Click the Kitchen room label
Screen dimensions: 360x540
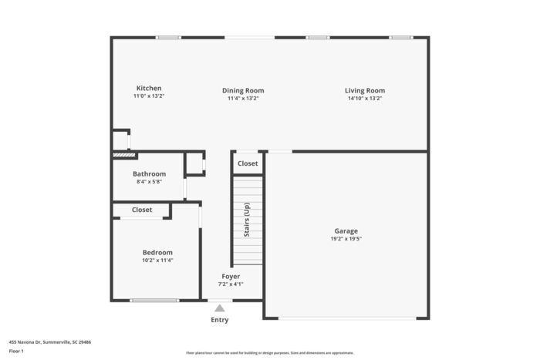pyautogui.click(x=149, y=88)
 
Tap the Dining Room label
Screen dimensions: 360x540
pyautogui.click(x=243, y=90)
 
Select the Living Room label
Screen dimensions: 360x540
pyautogui.click(x=365, y=90)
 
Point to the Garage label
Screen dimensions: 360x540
pyautogui.click(x=346, y=230)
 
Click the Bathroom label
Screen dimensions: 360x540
pyautogui.click(x=149, y=174)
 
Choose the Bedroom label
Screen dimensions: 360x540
pyautogui.click(x=157, y=252)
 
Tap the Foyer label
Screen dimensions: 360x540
pyautogui.click(x=231, y=276)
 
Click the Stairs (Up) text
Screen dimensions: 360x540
pyautogui.click(x=247, y=220)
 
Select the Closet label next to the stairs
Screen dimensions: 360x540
pyautogui.click(x=248, y=163)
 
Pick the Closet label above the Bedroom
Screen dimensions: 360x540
pyautogui.click(x=142, y=210)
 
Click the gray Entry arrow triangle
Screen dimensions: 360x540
pyautogui.click(x=220, y=308)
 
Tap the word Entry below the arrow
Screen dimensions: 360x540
pyautogui.click(x=220, y=320)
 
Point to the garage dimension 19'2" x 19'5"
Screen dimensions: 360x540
pyautogui.click(x=346, y=239)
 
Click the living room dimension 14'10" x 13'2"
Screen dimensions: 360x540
pyautogui.click(x=365, y=99)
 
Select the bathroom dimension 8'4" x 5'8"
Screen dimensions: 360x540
pyautogui.click(x=149, y=182)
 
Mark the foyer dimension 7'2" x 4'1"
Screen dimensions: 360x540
pyautogui.click(x=231, y=284)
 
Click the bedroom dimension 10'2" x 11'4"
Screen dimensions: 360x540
pyautogui.click(x=157, y=261)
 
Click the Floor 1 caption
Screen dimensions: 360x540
pyautogui.click(x=16, y=352)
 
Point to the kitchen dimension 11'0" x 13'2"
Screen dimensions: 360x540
pyautogui.click(x=149, y=96)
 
